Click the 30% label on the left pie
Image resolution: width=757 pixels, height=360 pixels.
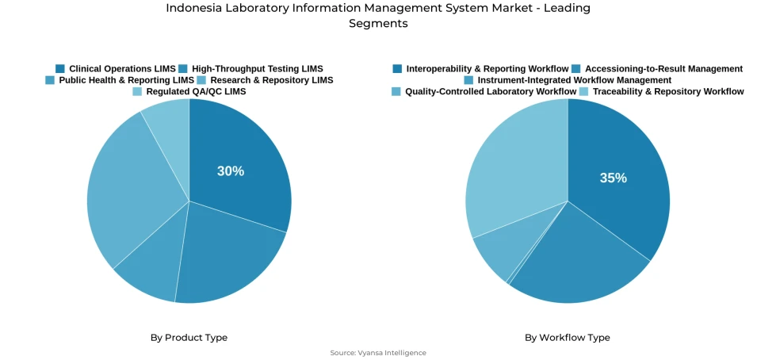tap(231, 171)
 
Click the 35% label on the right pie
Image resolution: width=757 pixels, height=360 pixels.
tap(613, 178)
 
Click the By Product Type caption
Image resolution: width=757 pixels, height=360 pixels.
tap(189, 338)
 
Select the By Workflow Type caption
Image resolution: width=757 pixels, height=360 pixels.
tap(567, 338)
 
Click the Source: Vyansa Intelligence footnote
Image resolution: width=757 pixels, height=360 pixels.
tap(378, 353)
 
